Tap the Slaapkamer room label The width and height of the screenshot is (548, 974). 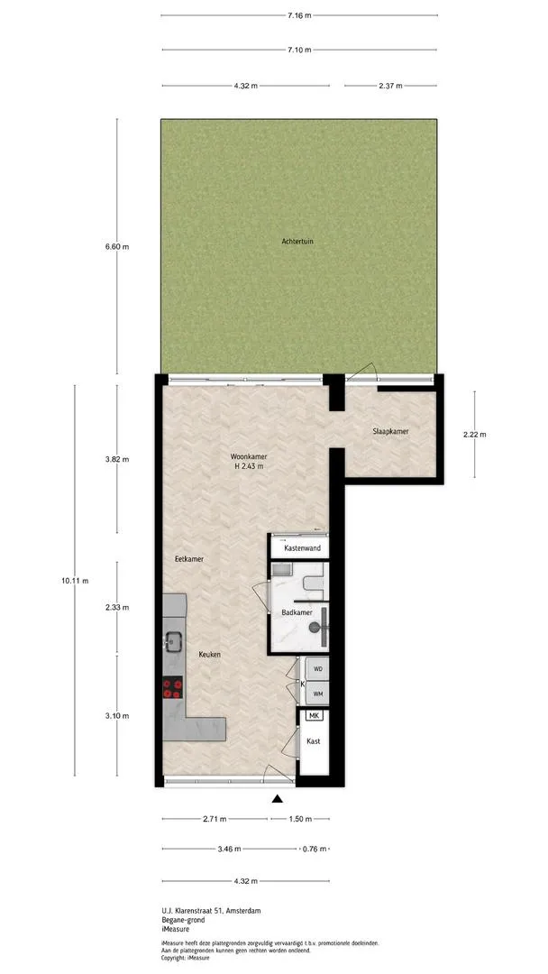click(x=390, y=431)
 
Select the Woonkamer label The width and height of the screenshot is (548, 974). click(x=244, y=455)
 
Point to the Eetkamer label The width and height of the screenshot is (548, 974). click(x=189, y=559)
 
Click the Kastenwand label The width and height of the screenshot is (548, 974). click(x=302, y=548)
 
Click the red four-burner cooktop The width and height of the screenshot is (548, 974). click(x=173, y=687)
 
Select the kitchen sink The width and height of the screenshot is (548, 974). click(x=172, y=641)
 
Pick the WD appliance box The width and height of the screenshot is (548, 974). click(x=318, y=669)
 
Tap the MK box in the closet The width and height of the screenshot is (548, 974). click(x=314, y=716)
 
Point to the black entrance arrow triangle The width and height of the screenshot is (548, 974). click(x=278, y=799)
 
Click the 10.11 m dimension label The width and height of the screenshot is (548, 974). click(x=76, y=582)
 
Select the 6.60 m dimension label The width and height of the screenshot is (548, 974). click(x=117, y=246)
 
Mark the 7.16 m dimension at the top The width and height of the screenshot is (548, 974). click(x=299, y=15)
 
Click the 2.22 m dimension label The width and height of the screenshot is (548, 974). click(x=474, y=435)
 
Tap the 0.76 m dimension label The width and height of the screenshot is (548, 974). click(x=314, y=849)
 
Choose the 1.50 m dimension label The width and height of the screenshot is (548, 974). click(x=300, y=819)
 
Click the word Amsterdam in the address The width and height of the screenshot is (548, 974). click(x=244, y=911)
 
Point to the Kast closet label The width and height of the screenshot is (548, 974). click(x=314, y=741)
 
